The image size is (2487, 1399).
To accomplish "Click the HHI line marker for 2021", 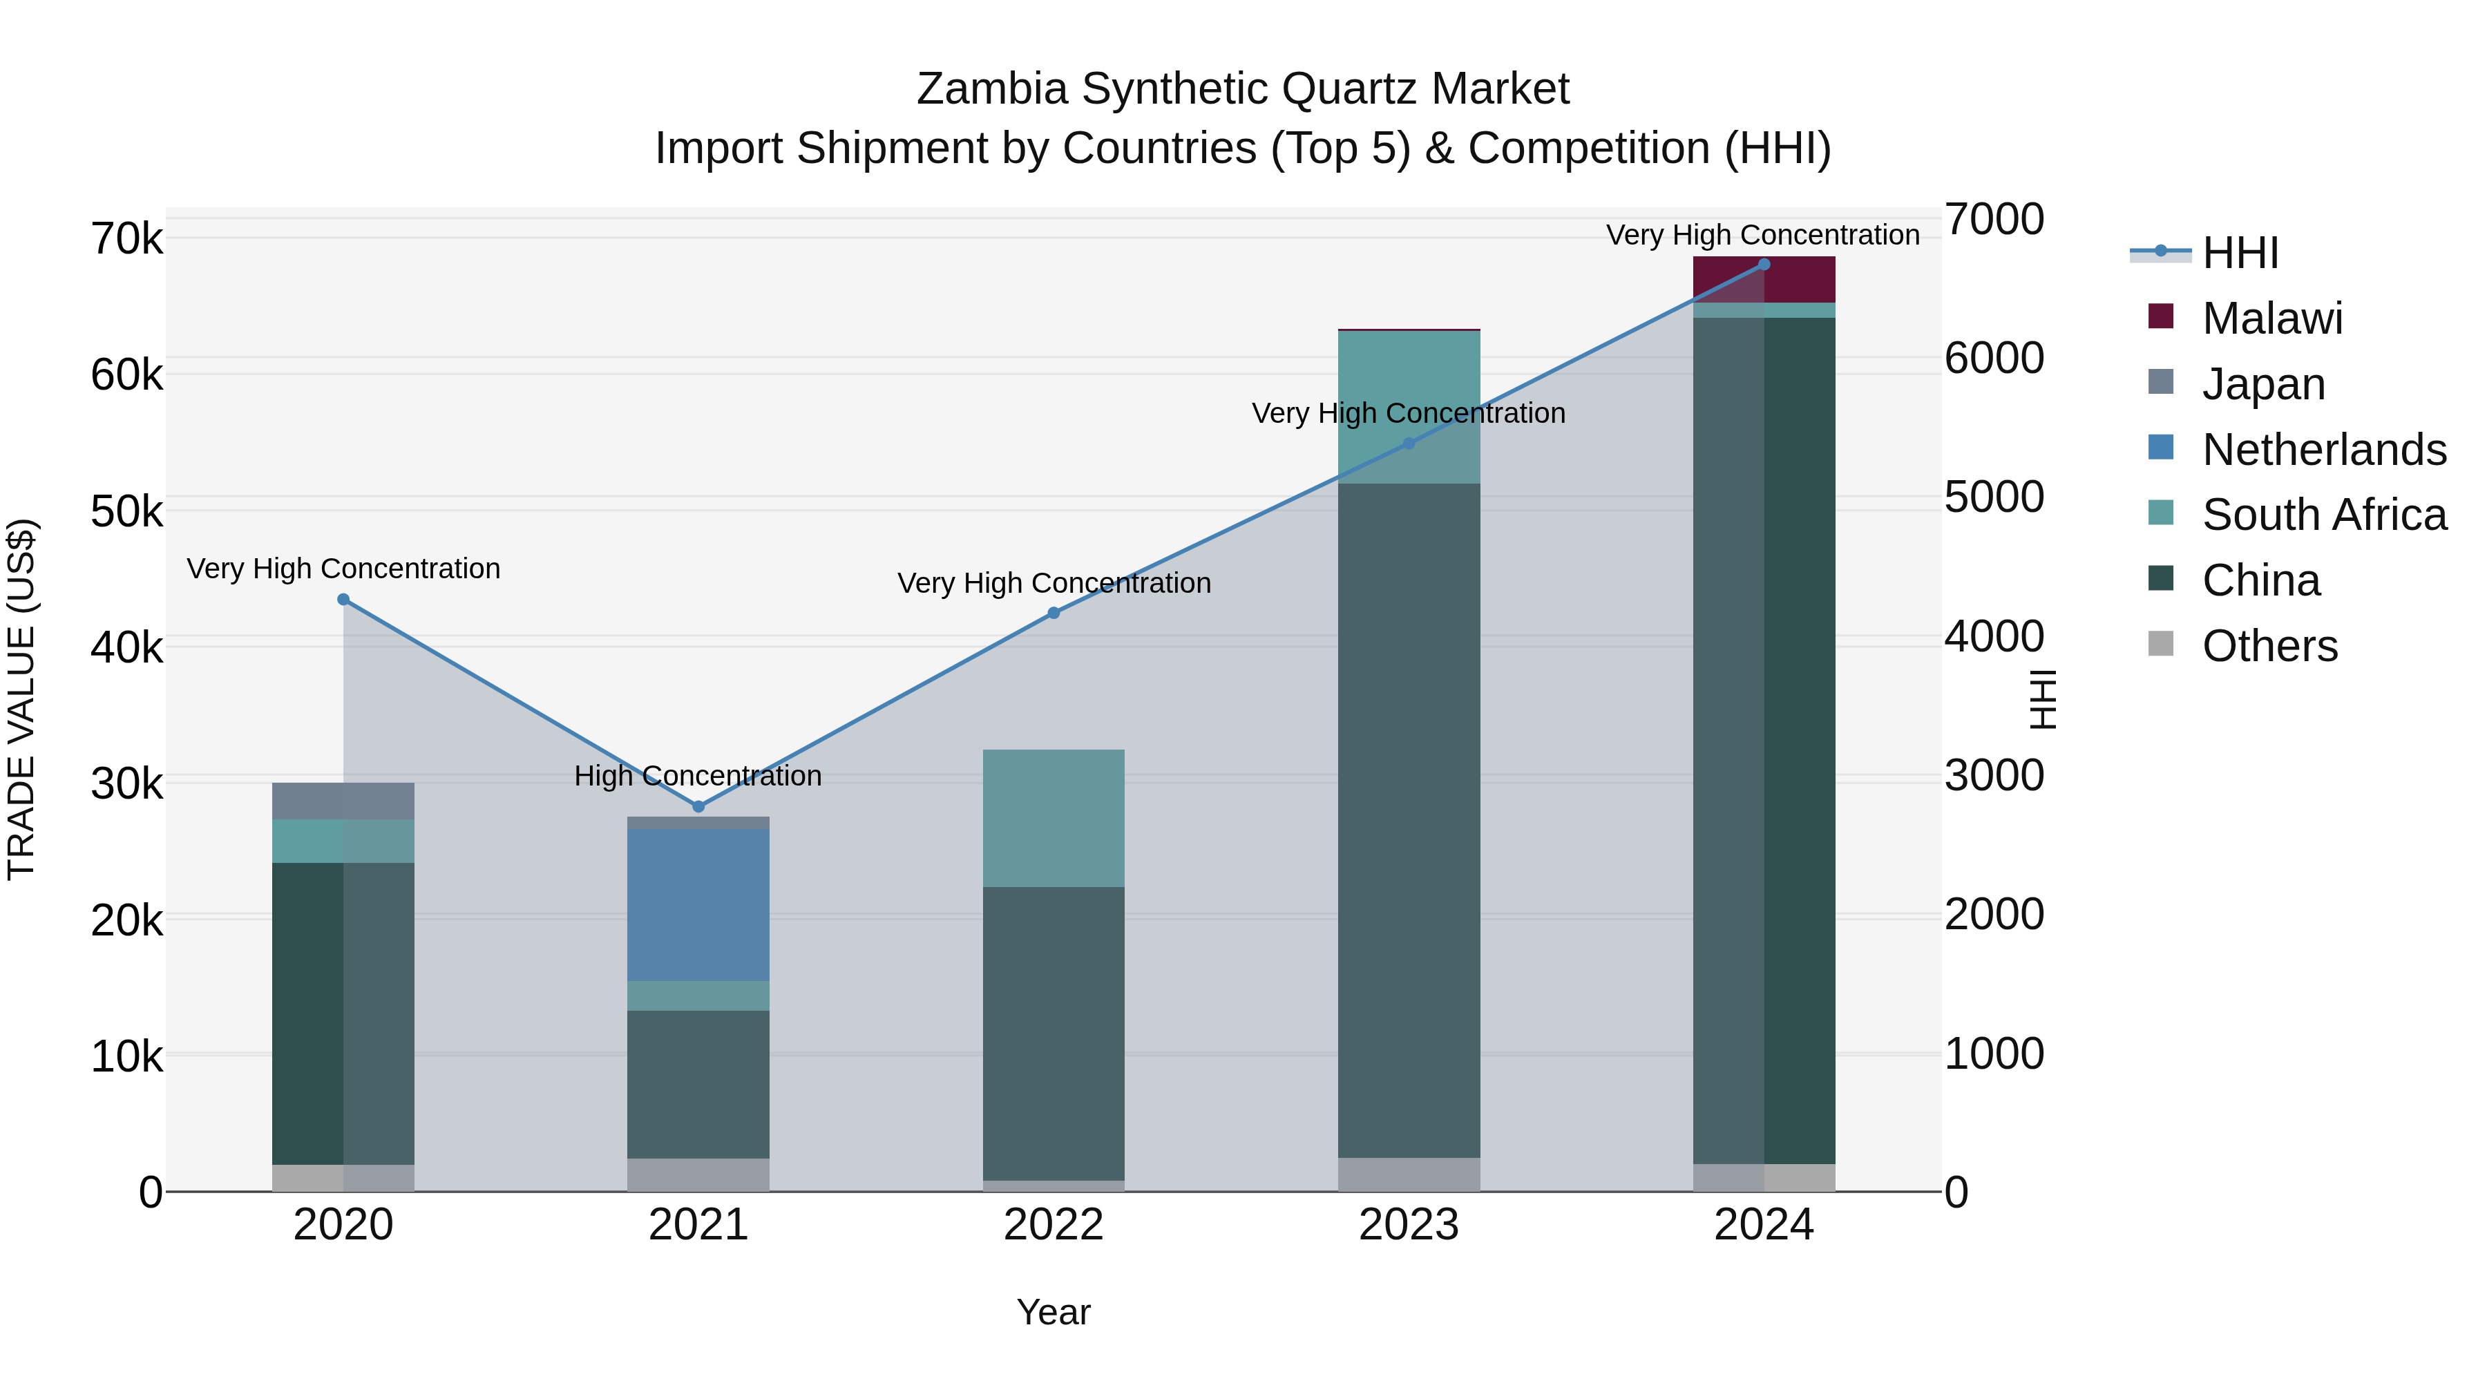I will (x=699, y=806).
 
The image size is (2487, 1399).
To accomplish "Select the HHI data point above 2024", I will (x=1764, y=265).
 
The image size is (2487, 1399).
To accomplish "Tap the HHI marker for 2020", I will (x=344, y=600).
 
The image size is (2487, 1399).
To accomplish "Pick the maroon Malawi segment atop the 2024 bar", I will (x=1764, y=280).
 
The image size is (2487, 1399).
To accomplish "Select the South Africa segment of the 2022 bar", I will (x=1054, y=818).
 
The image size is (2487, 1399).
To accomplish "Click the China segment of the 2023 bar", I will (x=1409, y=821).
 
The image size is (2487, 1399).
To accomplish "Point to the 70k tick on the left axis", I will (x=126, y=238).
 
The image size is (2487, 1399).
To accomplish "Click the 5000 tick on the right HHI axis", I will (x=1994, y=497).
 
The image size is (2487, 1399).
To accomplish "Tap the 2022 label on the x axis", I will (x=1054, y=1225).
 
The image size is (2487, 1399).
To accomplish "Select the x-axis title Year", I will (x=1054, y=1312).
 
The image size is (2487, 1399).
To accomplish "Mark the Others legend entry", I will (x=2269, y=646).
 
